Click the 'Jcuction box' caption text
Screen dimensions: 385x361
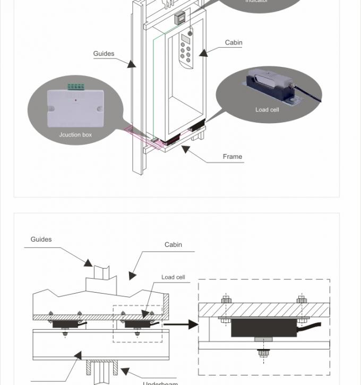[x=75, y=135]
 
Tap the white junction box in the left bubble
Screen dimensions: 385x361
[x=75, y=108]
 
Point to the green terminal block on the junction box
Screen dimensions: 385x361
[x=75, y=87]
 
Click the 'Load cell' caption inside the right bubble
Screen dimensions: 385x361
[x=267, y=110]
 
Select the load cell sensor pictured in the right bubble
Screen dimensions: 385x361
[x=270, y=86]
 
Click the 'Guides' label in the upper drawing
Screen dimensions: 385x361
[x=104, y=54]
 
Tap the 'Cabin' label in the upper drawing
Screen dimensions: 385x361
[x=234, y=42]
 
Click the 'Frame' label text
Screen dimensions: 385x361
[x=233, y=157]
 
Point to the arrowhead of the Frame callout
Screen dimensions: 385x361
[x=185, y=149]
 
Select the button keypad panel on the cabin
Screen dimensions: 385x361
[x=185, y=49]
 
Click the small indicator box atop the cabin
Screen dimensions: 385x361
[x=180, y=18]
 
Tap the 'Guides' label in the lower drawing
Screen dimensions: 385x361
[x=41, y=239]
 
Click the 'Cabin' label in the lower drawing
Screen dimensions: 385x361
[x=173, y=245]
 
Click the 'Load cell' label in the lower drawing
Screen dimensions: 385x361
[x=173, y=277]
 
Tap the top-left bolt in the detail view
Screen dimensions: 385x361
[x=226, y=300]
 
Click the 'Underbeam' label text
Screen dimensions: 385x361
[x=160, y=382]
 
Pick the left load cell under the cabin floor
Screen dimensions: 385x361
[x=65, y=323]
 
